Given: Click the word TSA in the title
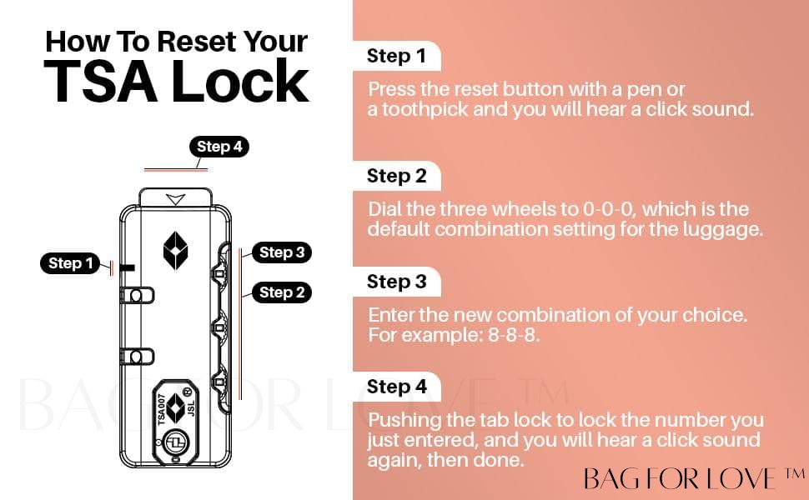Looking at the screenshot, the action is tap(101, 81).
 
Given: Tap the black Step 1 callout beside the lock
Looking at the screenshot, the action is tap(70, 263).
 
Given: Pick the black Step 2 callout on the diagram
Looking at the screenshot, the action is tap(282, 292).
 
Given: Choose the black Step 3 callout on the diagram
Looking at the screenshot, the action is tap(282, 252).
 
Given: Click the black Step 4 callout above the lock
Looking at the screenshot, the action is tap(219, 147).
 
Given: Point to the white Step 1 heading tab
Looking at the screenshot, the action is tap(396, 56).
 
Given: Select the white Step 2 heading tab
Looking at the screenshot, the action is tap(396, 176).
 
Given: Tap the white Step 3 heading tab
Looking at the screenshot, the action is tap(396, 282).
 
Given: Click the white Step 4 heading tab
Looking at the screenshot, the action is tap(396, 386).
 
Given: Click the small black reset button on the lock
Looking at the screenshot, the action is tap(127, 268).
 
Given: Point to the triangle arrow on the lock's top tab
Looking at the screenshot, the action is tap(175, 199).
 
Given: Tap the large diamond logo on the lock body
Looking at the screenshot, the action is tap(175, 251).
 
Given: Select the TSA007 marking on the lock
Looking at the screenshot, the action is tap(162, 410).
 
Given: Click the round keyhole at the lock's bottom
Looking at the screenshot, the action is tap(176, 442).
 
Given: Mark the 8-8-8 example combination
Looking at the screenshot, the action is tap(513, 336).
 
